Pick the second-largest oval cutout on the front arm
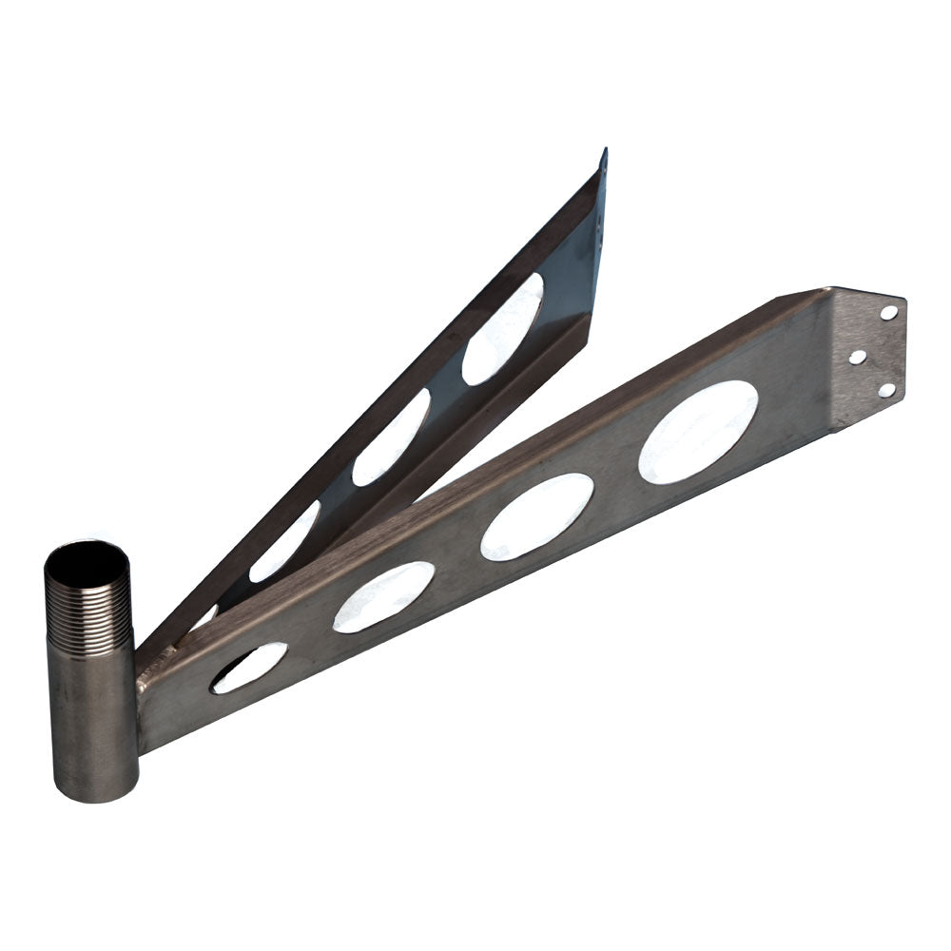pyautogui.click(x=537, y=515)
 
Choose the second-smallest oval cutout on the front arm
pyautogui.click(x=383, y=596)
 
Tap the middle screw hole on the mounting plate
pyautogui.click(x=857, y=357)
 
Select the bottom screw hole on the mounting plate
pyautogui.click(x=886, y=389)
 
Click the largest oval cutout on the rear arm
pyautogui.click(x=503, y=328)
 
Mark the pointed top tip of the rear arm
pyautogui.click(x=603, y=151)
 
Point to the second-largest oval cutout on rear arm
pyautogui.click(x=391, y=437)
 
